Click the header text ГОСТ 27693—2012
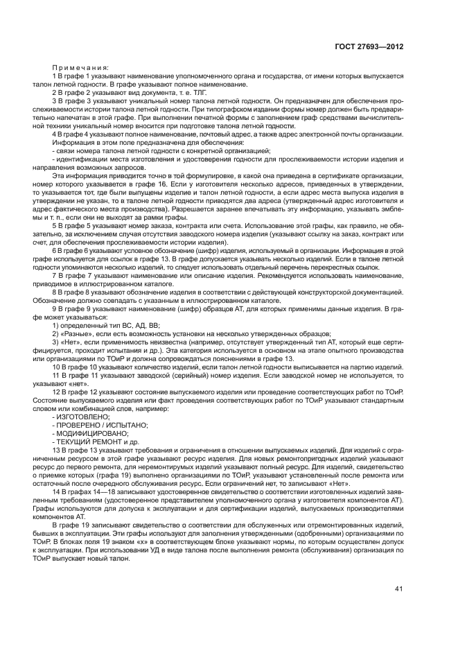tap(370, 48)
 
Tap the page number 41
tap(398, 589)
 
